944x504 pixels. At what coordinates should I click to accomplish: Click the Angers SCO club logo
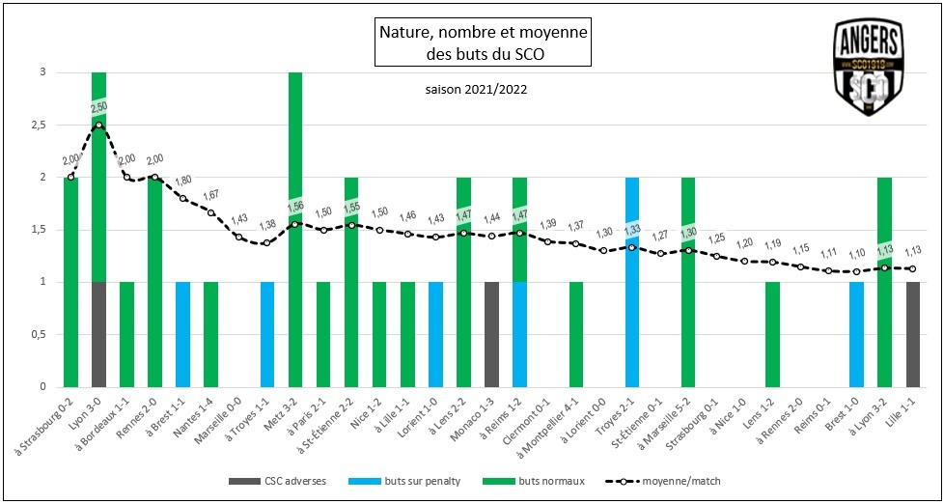pos(869,68)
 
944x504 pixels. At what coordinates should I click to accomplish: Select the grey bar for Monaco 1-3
pos(492,335)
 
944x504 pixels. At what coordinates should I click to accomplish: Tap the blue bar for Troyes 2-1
pos(632,282)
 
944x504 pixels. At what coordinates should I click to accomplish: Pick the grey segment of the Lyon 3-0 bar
pos(98,335)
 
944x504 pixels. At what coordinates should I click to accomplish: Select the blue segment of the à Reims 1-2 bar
pos(520,335)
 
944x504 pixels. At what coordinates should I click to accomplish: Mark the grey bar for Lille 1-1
pos(913,335)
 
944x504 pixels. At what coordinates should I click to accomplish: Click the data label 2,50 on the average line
pos(99,106)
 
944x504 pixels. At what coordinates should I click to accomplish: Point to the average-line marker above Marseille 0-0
pos(239,238)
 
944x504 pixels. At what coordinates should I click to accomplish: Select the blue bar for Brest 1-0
pos(857,335)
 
